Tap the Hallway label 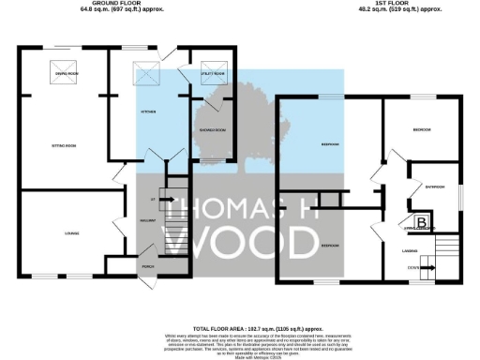tap(147, 219)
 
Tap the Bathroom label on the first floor tap(433, 186)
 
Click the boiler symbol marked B tap(423, 222)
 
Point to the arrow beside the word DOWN tap(427, 265)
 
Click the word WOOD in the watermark tap(253, 240)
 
